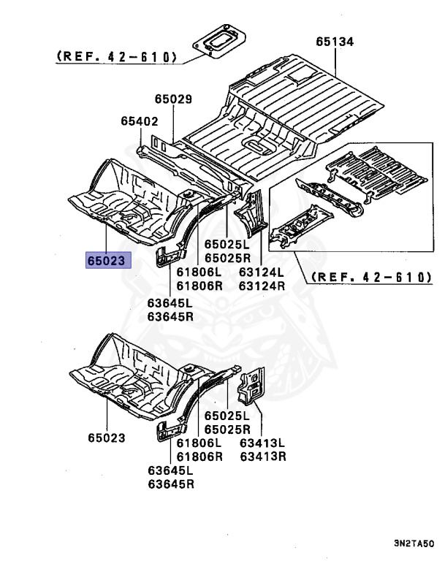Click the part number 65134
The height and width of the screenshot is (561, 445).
coord(335,42)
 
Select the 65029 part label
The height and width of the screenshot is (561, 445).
coord(172,99)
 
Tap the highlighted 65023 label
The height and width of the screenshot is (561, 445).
coord(107,259)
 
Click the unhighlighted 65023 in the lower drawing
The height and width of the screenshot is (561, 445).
coord(107,438)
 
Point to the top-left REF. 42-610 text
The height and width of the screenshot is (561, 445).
coord(115,56)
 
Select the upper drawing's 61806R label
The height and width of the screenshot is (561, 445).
coord(199,286)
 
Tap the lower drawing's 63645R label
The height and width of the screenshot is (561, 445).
coord(170,484)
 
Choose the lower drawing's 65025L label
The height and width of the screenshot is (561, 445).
coord(227,416)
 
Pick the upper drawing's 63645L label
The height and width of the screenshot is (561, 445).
coord(170,303)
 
